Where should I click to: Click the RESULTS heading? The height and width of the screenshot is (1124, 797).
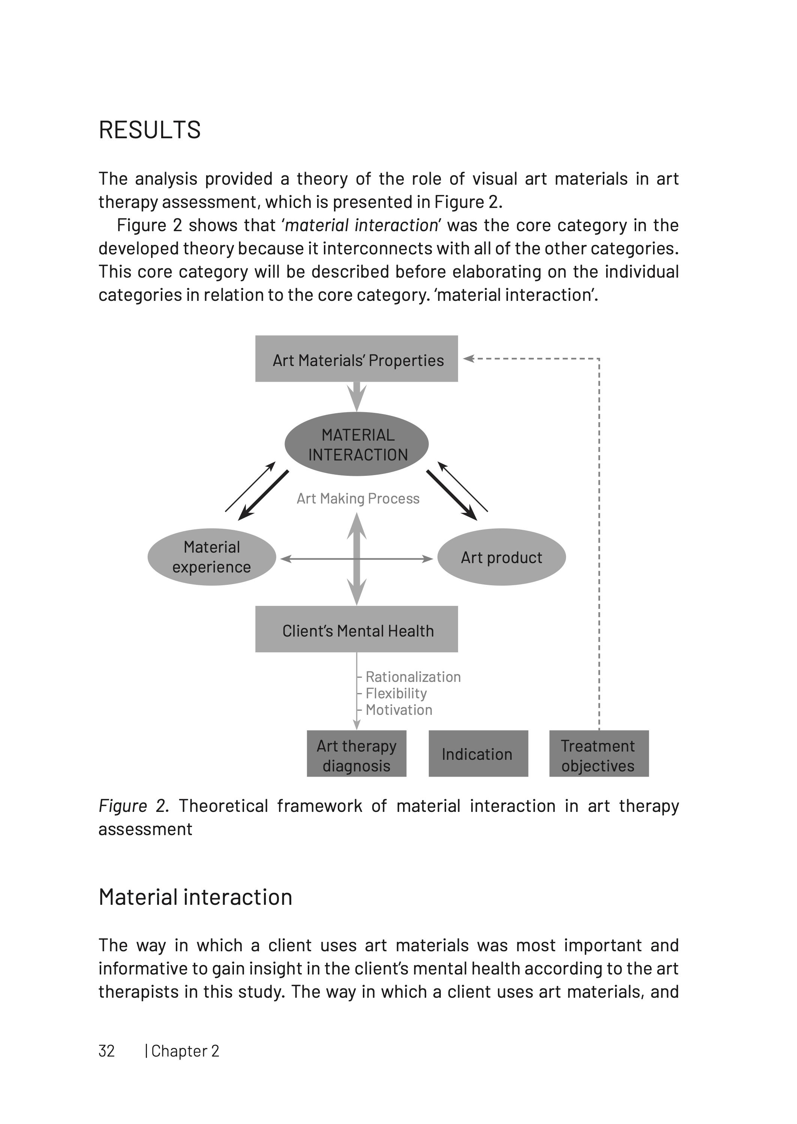pos(150,130)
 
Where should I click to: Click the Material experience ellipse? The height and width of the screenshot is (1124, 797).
pos(211,557)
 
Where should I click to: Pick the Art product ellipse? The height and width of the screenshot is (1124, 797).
pos(501,557)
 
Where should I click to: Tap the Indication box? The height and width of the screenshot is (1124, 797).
pos(478,754)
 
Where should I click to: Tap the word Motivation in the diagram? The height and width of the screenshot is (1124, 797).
pos(398,710)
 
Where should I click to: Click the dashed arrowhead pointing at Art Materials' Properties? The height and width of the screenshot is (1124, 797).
pos(468,359)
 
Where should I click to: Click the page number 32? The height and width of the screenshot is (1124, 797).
pos(106,1051)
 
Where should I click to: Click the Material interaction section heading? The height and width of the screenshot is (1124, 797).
pos(195,897)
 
